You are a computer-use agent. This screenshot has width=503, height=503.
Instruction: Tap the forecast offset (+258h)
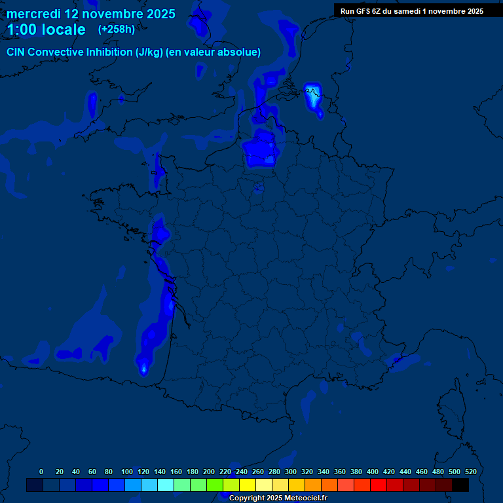tap(116, 29)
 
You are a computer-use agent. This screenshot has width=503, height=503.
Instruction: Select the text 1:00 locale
tap(47, 29)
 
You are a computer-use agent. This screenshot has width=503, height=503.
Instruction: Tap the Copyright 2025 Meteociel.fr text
tap(278, 498)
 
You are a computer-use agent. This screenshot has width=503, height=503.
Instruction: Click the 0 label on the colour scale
tap(41, 472)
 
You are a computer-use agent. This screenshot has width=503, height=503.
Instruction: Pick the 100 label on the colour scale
tap(127, 472)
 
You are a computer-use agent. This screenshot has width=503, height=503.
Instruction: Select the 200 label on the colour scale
tap(209, 472)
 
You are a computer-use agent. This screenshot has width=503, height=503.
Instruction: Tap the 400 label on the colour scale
tap(373, 472)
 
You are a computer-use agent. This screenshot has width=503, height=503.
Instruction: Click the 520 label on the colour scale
tap(470, 472)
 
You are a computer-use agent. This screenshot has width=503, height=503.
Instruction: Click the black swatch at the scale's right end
tap(460, 485)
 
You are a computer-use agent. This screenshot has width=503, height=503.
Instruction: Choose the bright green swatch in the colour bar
tap(215, 485)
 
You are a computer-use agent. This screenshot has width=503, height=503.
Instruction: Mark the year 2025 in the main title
tap(160, 14)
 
